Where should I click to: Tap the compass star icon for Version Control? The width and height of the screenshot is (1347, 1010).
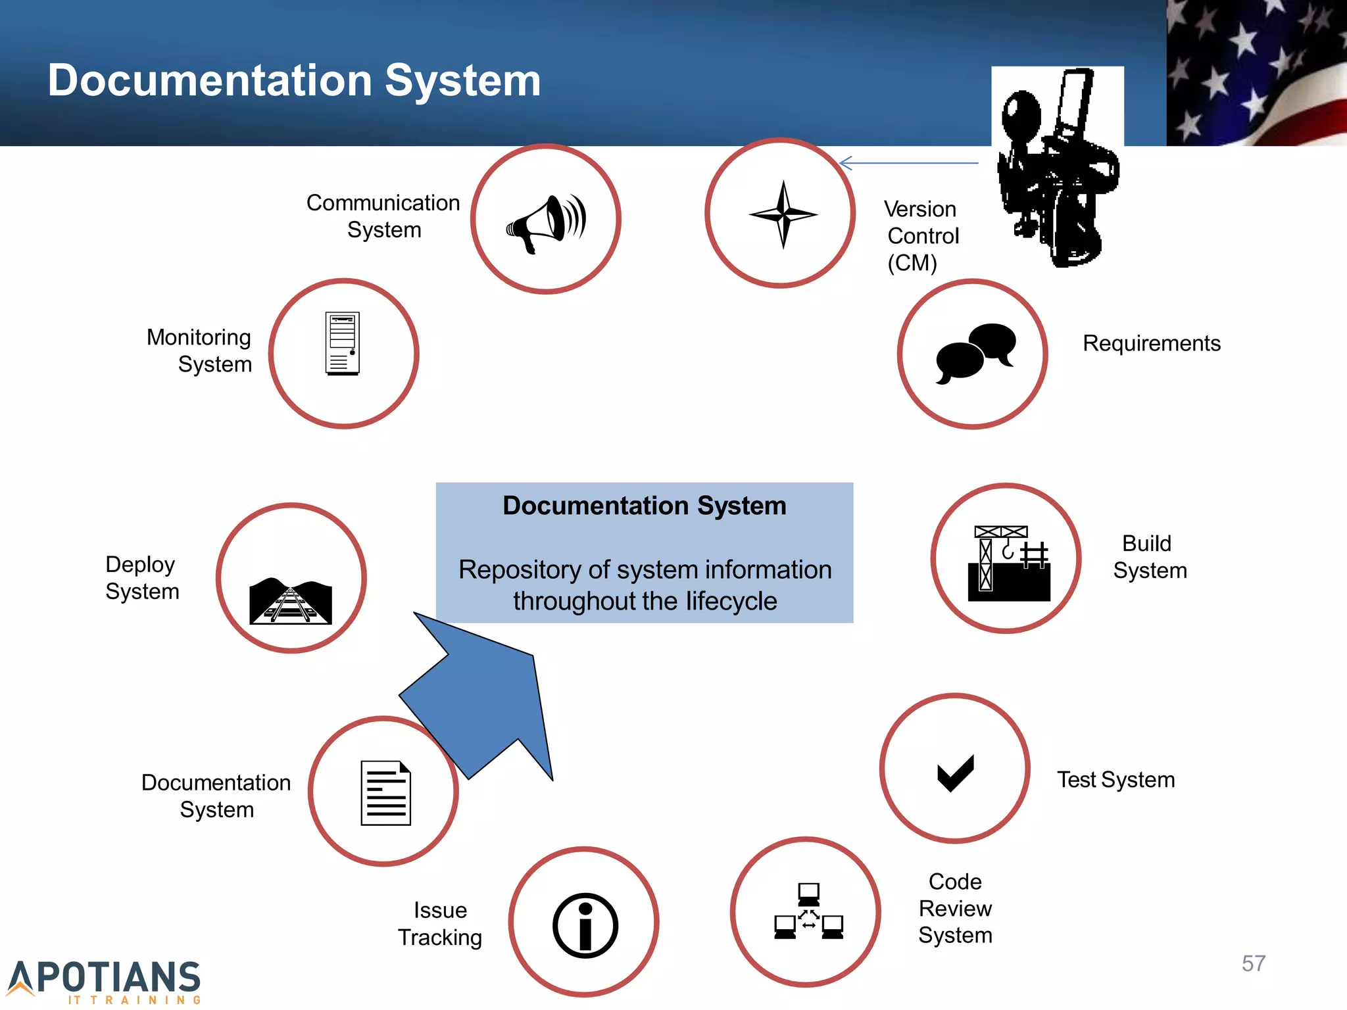pos(783,214)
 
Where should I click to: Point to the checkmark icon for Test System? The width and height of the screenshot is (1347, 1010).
pos(955,773)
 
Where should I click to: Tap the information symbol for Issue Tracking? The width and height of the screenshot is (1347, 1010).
pos(585,925)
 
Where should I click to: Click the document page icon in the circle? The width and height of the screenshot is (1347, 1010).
pos(386,793)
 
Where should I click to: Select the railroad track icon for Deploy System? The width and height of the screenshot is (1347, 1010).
pos(291,600)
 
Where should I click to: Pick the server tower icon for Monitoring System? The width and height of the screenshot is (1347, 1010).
pos(343,343)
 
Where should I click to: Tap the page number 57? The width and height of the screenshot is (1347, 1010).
pos(1253,963)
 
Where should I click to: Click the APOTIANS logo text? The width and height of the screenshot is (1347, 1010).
pos(105,977)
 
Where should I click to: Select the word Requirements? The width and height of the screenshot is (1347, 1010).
pos(1151,343)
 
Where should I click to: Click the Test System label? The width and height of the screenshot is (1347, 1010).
pos(1115,780)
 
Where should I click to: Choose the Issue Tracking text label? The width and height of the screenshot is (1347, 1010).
pos(440,923)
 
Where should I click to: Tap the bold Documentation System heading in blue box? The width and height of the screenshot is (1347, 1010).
pos(644,506)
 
